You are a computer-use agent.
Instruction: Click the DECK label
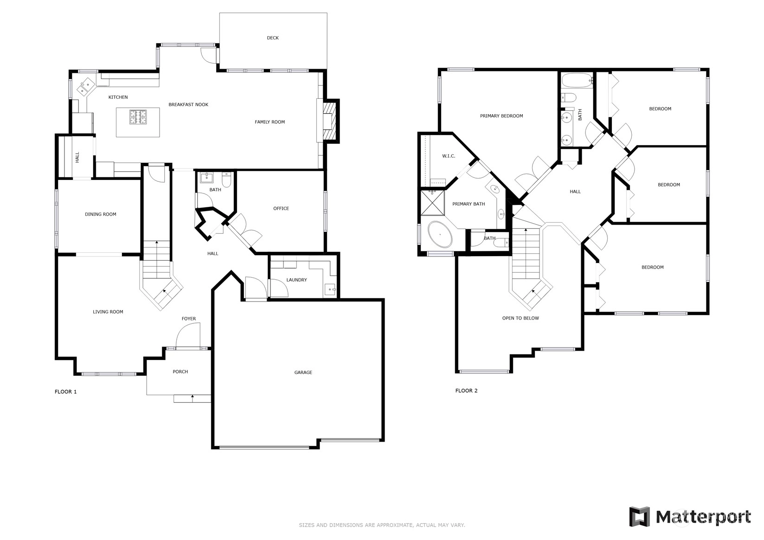pyautogui.click(x=272, y=38)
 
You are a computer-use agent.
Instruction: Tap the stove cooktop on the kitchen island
pyautogui.click(x=138, y=117)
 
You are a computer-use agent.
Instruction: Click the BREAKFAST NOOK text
pyautogui.click(x=188, y=105)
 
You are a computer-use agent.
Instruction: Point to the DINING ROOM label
pyautogui.click(x=101, y=214)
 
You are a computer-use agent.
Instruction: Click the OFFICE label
pyautogui.click(x=281, y=208)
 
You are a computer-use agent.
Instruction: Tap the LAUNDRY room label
pyautogui.click(x=296, y=280)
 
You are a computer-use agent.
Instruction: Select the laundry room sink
pyautogui.click(x=330, y=289)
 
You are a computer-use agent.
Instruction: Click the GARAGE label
pyautogui.click(x=303, y=373)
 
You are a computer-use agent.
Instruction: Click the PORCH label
pyautogui.click(x=180, y=372)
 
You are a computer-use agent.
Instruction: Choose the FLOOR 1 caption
pyautogui.click(x=65, y=392)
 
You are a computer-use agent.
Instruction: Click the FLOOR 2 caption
pyautogui.click(x=466, y=391)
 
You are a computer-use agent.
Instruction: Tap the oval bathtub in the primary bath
pyautogui.click(x=440, y=234)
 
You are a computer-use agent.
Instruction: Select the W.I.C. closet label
pyautogui.click(x=449, y=156)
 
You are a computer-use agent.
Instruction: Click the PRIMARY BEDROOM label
pyautogui.click(x=501, y=116)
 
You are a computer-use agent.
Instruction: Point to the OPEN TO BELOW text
pyautogui.click(x=520, y=318)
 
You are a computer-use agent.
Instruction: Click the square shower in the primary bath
pyautogui.click(x=432, y=203)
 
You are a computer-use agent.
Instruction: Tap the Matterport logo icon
pyautogui.click(x=640, y=517)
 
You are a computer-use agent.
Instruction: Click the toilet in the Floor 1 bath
pyautogui.click(x=226, y=180)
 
